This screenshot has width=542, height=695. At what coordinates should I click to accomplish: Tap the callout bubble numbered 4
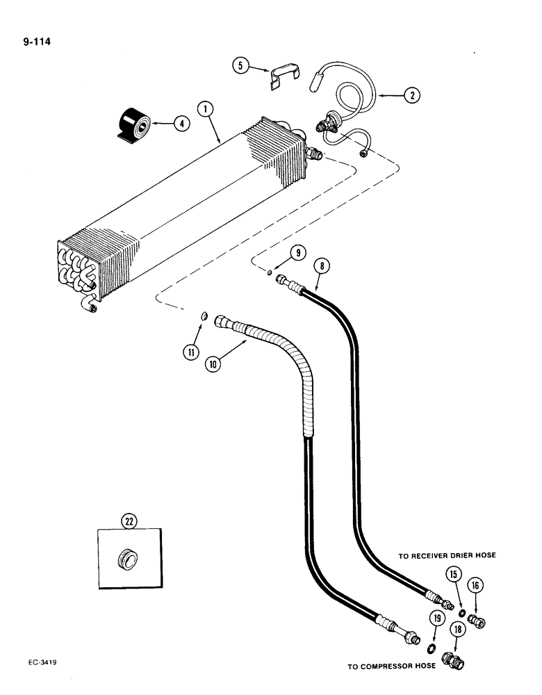pyautogui.click(x=181, y=124)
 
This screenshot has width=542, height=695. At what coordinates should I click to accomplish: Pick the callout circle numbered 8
pyautogui.click(x=321, y=265)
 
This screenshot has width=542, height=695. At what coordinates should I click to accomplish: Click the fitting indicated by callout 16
pyautogui.click(x=477, y=619)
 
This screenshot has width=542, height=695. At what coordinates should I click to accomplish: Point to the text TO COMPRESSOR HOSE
pyautogui.click(x=391, y=666)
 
